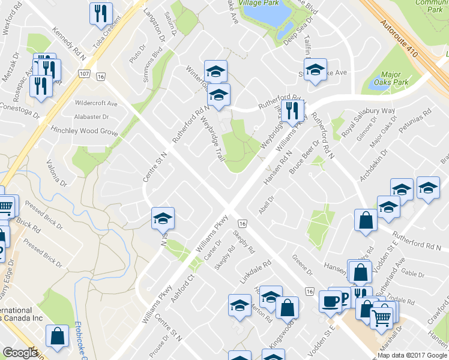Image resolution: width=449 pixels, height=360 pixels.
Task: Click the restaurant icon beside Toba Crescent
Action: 100,13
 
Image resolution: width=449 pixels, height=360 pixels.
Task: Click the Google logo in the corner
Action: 20,353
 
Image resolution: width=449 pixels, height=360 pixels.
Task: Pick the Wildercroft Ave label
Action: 96,103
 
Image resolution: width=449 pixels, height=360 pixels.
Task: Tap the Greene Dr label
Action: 303,264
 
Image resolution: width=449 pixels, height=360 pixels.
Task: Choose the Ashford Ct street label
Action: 184,288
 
